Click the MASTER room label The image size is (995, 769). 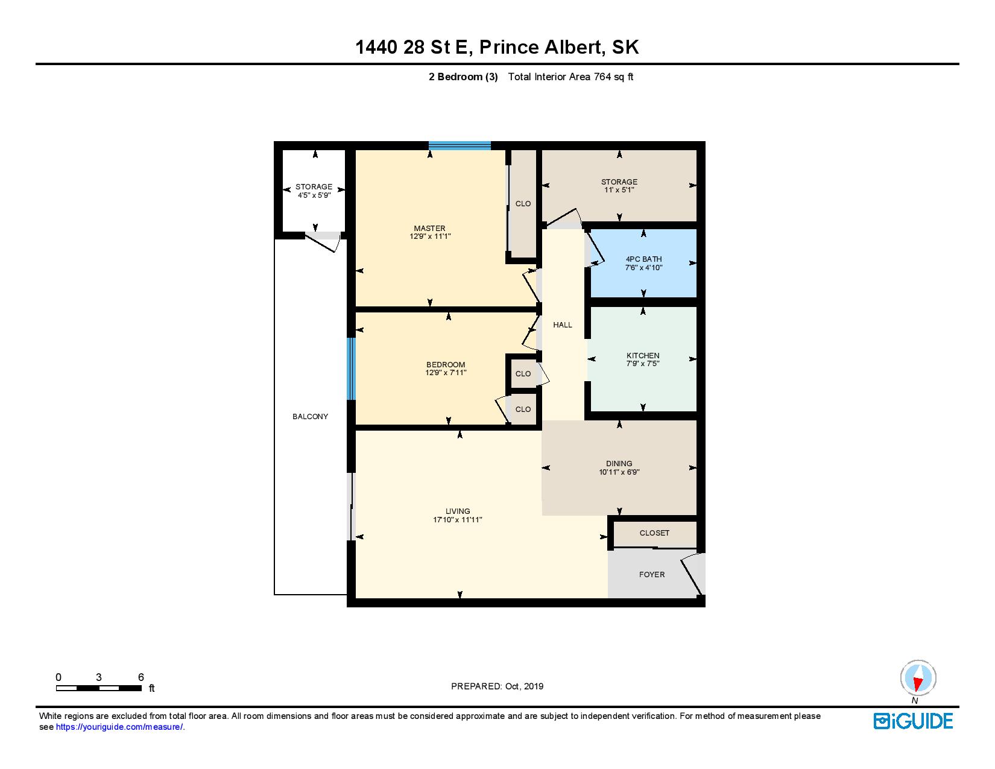[429, 228]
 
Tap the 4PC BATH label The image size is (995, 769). [643, 259]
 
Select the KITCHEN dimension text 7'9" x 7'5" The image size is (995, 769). [643, 364]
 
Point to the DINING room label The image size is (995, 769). [619, 464]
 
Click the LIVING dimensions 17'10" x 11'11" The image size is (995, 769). [458, 520]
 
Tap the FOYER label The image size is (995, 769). [652, 574]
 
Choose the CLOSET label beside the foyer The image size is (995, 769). [654, 533]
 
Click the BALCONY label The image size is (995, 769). [310, 416]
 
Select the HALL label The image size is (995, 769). [563, 324]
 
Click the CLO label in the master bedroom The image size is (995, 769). [523, 204]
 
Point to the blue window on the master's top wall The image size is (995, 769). [460, 145]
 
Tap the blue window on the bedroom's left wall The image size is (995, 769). [351, 369]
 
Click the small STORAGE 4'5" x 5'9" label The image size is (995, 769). [314, 191]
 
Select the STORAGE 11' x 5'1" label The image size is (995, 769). [619, 185]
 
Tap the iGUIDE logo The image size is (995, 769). [913, 721]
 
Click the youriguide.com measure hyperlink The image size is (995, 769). [119, 727]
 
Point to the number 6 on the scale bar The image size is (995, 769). [141, 677]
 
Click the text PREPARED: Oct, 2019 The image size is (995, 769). [497, 686]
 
